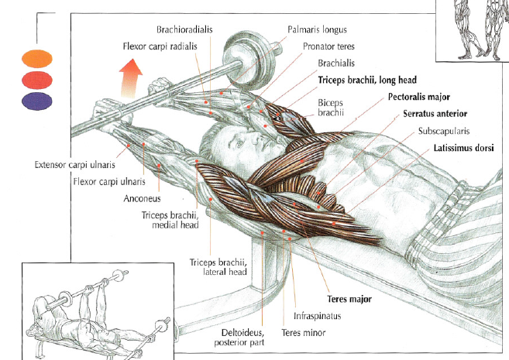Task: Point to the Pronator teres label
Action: pos(324,46)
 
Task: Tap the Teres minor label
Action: pos(304,333)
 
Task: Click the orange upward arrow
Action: pos(131,77)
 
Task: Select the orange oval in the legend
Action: pos(37,58)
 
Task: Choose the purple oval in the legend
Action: pos(37,100)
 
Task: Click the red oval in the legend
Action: pos(37,79)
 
